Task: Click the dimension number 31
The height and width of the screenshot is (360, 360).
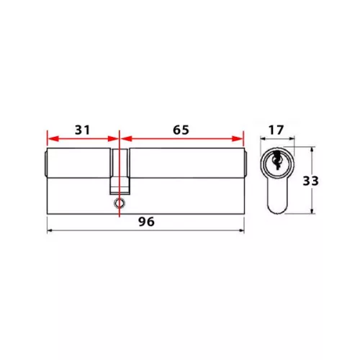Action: [x=83, y=130]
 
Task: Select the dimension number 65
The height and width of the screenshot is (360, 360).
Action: [x=181, y=130]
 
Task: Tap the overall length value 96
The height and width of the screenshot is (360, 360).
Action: [x=146, y=222]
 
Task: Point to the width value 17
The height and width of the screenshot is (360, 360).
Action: [x=276, y=130]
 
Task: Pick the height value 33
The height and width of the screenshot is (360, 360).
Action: [x=310, y=181]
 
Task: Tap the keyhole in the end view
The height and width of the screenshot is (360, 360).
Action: [x=276, y=160]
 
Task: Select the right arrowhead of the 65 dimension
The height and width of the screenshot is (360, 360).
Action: [x=238, y=138]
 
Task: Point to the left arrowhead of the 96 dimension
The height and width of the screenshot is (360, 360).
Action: [x=50, y=230]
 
